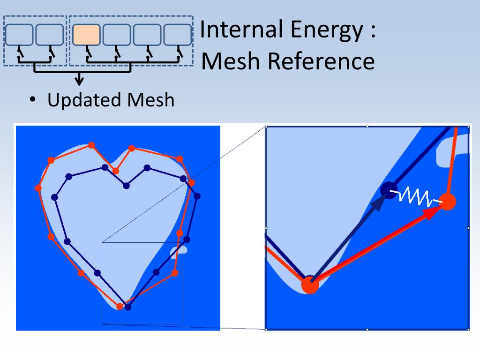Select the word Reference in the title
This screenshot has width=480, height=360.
[x=321, y=61]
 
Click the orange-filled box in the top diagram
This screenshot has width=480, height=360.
[x=86, y=35]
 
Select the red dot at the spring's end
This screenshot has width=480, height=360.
[x=448, y=202]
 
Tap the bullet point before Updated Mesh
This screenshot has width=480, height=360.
[x=32, y=100]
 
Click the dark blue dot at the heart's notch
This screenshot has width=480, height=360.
[x=126, y=186]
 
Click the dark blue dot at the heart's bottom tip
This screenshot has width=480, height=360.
[x=128, y=307]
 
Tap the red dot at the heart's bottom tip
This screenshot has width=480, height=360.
[x=120, y=306]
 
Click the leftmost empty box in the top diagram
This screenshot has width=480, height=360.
[x=19, y=35]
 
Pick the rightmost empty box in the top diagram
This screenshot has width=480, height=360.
[x=178, y=35]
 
